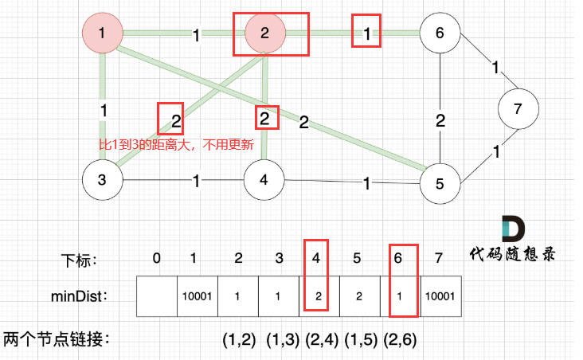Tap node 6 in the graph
coord(440,33)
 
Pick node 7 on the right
coord(518,108)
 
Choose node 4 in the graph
coord(265,179)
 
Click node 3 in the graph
coord(103,179)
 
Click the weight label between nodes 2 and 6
coord(366,34)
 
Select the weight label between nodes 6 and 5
coord(440,121)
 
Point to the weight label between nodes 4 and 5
coord(366,183)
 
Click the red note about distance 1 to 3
coord(175,146)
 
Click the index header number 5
coord(357,257)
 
